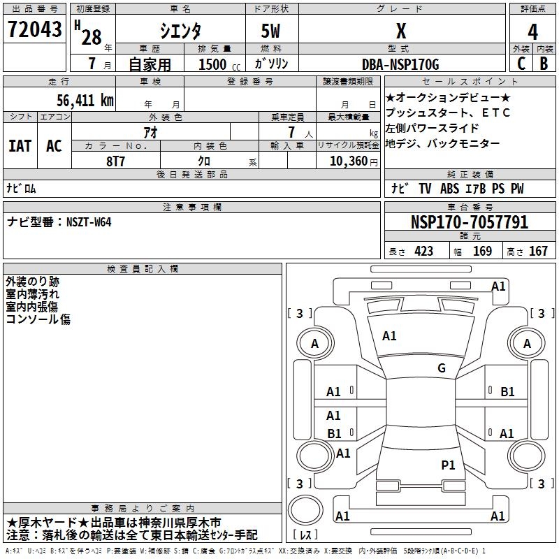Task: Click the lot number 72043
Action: click(x=34, y=30)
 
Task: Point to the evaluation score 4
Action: click(x=533, y=32)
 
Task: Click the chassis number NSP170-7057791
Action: click(x=470, y=222)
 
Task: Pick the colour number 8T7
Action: click(x=117, y=160)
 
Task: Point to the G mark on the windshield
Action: click(x=441, y=368)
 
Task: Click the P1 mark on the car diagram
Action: click(x=448, y=464)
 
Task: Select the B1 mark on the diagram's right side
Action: click(x=507, y=392)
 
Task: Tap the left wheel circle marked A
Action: click(x=314, y=343)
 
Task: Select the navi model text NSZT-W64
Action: click(x=89, y=222)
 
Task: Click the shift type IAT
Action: click(x=20, y=146)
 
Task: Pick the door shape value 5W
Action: click(x=271, y=32)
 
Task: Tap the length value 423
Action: click(x=423, y=252)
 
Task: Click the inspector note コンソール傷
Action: click(x=38, y=319)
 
